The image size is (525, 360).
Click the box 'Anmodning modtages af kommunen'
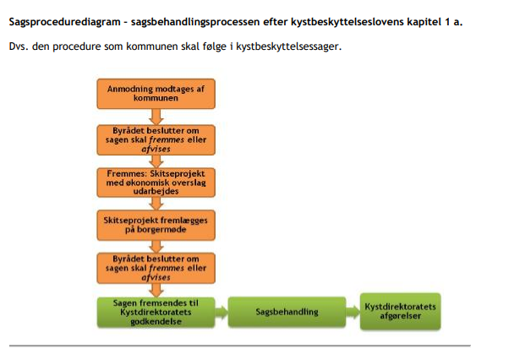point(156,93)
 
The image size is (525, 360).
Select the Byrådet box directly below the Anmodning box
point(156,139)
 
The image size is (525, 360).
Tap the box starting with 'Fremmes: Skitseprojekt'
point(156,181)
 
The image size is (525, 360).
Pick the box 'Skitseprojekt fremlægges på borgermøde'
point(156,223)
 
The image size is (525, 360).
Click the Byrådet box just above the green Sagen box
point(156,266)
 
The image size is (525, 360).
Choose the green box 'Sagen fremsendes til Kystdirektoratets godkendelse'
point(155,311)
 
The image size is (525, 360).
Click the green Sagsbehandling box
point(287,312)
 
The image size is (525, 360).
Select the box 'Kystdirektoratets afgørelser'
point(399,312)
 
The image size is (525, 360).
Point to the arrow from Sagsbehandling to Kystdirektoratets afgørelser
point(353,312)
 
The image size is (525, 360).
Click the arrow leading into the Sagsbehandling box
point(222,312)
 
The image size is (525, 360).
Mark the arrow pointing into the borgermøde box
point(156,202)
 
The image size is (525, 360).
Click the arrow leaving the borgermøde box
point(156,244)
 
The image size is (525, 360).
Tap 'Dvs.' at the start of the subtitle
point(19,46)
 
